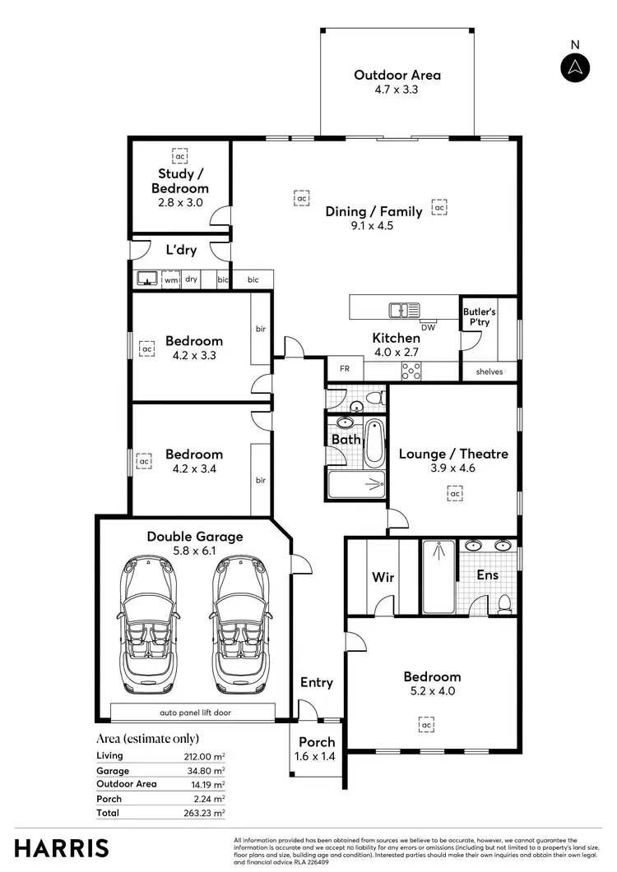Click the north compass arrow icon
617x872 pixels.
pyautogui.click(x=575, y=67)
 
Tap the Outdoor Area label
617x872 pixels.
pyautogui.click(x=397, y=75)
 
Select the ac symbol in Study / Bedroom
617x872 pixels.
pyautogui.click(x=180, y=155)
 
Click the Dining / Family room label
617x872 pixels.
pyautogui.click(x=373, y=211)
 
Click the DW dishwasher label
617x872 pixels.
pyautogui.click(x=428, y=327)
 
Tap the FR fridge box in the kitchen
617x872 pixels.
pyautogui.click(x=345, y=369)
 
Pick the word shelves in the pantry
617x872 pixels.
pyautogui.click(x=489, y=372)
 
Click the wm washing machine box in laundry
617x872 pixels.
pyautogui.click(x=171, y=279)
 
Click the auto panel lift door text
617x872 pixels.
pyautogui.click(x=193, y=712)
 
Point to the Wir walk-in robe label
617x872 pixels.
pyautogui.click(x=383, y=577)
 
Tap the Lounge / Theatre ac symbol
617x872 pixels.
pyautogui.click(x=453, y=492)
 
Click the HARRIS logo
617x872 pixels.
pyautogui.click(x=61, y=847)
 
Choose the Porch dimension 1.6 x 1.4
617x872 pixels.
pyautogui.click(x=316, y=757)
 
